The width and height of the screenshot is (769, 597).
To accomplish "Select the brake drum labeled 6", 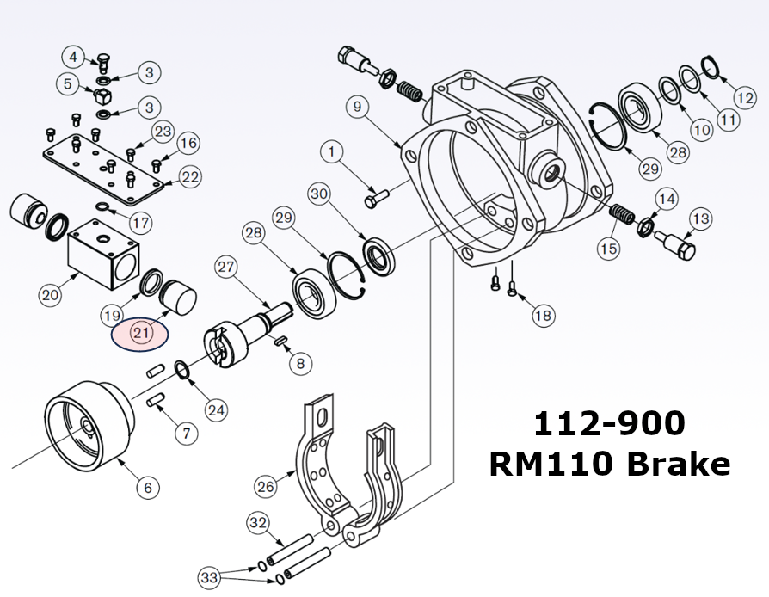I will coord(89,424).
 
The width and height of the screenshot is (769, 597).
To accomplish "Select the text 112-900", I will coord(609,423).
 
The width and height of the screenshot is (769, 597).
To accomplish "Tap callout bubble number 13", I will coord(700,219).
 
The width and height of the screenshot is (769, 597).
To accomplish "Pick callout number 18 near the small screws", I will coord(543,316).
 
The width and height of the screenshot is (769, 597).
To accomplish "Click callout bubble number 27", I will coord(226,267).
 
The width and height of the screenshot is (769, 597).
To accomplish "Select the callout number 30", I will coord(320,195).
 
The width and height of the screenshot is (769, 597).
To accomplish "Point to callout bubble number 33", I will coord(210,575).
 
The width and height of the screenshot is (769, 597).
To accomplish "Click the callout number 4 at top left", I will coord(74,58).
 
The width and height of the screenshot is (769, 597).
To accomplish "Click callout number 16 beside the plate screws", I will coord(188,142).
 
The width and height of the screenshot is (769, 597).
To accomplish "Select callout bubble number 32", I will coord(258,522).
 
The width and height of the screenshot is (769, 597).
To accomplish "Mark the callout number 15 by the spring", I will coord(608,249).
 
